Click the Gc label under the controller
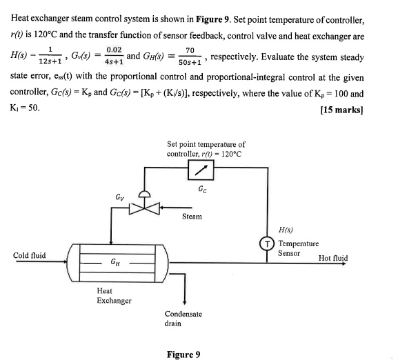click(x=201, y=189)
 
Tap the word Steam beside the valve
click(x=192, y=217)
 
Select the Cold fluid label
click(x=30, y=255)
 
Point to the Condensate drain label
click(x=183, y=318)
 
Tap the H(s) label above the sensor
click(x=285, y=229)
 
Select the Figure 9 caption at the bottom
click(x=183, y=354)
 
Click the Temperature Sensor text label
click(x=298, y=248)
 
